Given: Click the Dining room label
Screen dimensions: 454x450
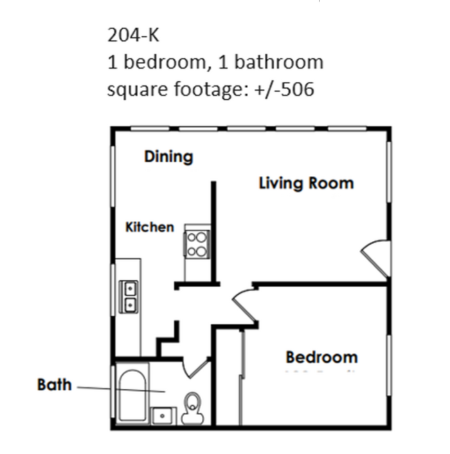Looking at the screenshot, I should [168, 157].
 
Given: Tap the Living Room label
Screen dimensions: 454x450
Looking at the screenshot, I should [306, 183].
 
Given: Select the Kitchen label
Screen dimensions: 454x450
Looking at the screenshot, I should [150, 227].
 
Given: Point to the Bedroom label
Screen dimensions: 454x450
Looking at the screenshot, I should [321, 357].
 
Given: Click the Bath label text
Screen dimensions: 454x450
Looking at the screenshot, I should [54, 384].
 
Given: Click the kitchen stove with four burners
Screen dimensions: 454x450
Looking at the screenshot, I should [197, 243].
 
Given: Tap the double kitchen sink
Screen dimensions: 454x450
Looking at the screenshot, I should [129, 296].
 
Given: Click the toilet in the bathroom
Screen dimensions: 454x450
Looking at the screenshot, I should [192, 406].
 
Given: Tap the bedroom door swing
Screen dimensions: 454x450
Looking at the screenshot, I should [244, 306].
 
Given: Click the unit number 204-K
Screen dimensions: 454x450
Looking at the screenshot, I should [133, 35].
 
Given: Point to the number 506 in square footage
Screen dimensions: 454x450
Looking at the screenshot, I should [298, 90].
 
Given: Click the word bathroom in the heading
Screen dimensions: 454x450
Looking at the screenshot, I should [278, 62].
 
